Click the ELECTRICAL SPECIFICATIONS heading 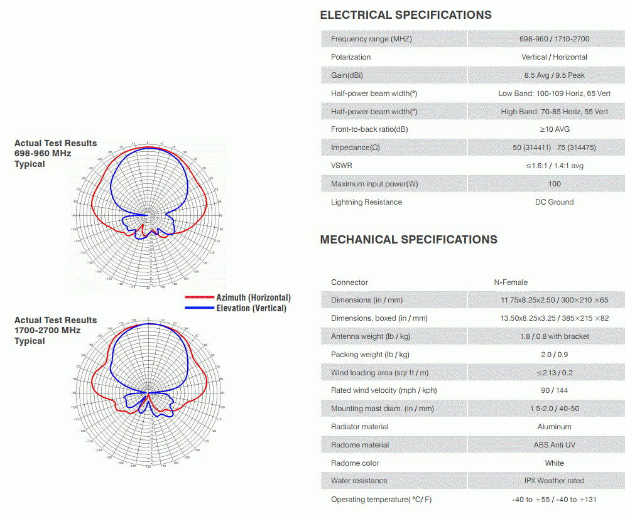point(406,15)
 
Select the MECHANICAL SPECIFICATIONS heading point(408,239)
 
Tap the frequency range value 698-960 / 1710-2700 point(554,39)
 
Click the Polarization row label point(351,57)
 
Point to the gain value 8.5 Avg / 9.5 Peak point(554,75)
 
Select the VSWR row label point(342,166)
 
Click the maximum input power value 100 point(554,184)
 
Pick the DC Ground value point(554,202)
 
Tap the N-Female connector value point(511,282)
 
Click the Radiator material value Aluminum point(554,427)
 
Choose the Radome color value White point(554,463)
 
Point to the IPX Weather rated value point(554,481)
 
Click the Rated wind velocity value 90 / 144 point(554,390)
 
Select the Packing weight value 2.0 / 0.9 point(554,355)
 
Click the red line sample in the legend point(199,297)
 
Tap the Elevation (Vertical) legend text point(251,308)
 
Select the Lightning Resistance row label point(366,202)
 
